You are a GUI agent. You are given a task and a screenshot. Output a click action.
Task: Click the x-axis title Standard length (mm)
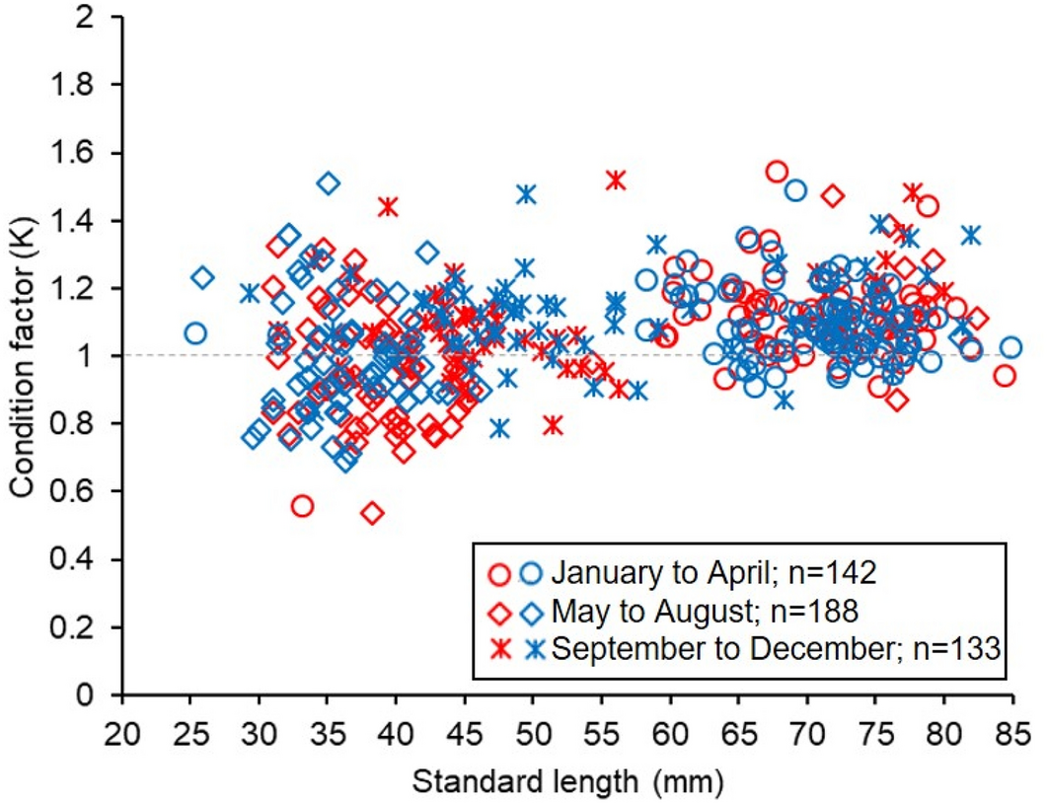point(568,783)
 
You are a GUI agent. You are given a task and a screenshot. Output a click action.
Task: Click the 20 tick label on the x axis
point(122,737)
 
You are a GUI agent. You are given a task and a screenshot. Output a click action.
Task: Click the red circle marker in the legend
point(501,572)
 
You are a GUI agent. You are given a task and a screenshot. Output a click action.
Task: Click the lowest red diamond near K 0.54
point(372,513)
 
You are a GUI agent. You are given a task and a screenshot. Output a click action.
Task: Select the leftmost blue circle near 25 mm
point(195,333)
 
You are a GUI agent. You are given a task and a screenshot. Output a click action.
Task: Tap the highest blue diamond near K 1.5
point(329,183)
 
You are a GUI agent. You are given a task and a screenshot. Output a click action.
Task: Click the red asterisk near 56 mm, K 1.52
point(617,180)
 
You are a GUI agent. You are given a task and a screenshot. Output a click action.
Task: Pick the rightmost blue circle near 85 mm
point(1010,347)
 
